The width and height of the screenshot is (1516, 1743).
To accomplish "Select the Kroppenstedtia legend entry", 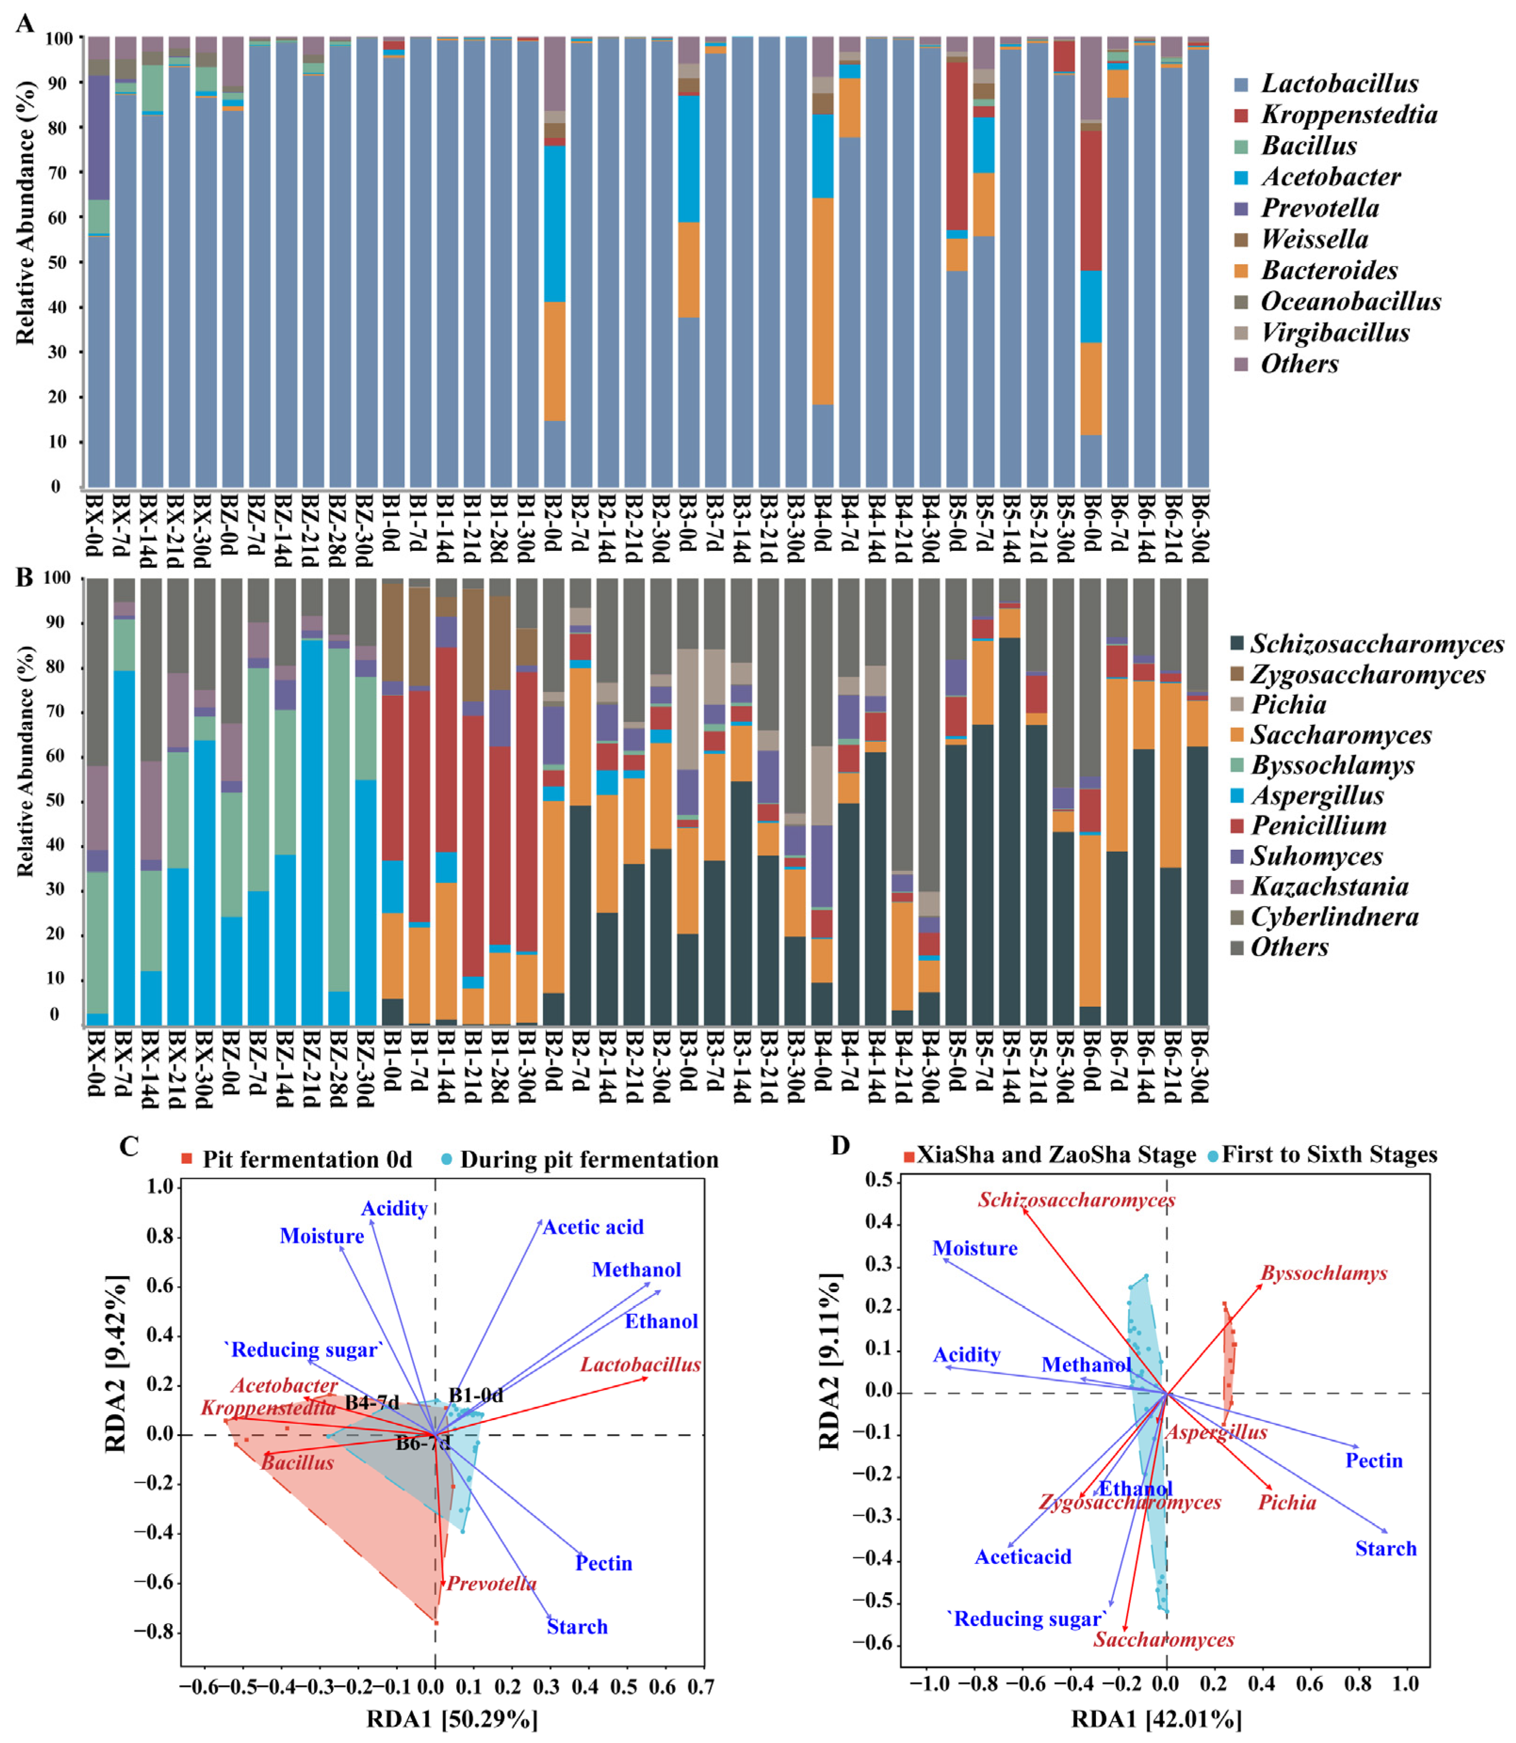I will [1349, 115].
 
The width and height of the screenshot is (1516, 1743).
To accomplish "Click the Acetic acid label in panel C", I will [593, 1227].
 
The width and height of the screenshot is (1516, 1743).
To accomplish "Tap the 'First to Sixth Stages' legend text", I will [1329, 1155].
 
